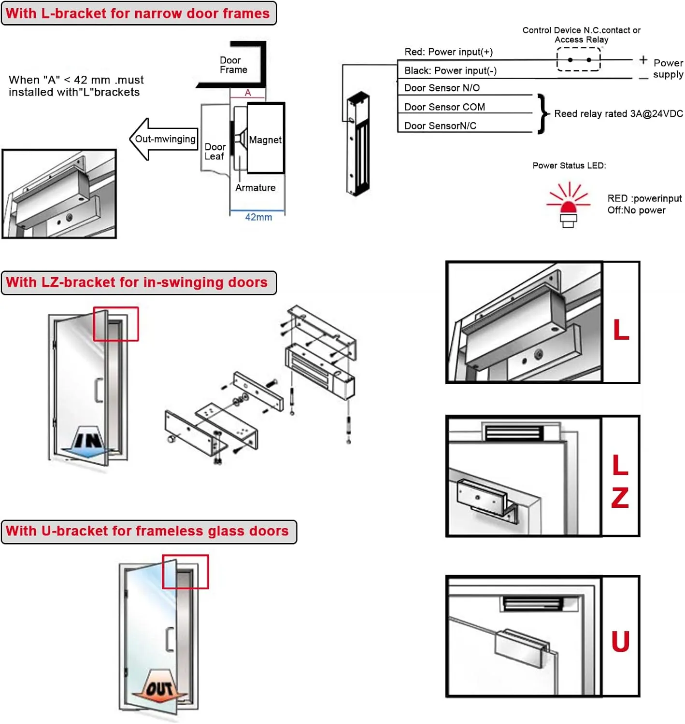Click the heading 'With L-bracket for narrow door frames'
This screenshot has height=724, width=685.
(138, 14)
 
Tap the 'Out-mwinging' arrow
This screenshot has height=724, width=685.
(164, 139)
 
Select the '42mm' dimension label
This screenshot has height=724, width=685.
(258, 217)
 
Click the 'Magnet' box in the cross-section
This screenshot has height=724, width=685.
(266, 139)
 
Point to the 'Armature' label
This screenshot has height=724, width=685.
(255, 188)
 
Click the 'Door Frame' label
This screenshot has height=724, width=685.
(233, 65)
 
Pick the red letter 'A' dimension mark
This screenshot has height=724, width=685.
(248, 93)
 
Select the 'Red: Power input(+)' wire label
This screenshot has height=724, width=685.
(448, 52)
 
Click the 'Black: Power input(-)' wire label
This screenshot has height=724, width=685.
(450, 71)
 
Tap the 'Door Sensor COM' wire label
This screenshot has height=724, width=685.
(444, 107)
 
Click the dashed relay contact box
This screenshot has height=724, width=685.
(579, 60)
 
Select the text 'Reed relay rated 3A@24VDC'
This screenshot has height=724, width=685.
(618, 114)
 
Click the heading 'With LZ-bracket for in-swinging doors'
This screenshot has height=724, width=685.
(137, 282)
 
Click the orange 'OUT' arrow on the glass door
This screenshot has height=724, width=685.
(159, 687)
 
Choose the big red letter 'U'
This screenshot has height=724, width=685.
(621, 641)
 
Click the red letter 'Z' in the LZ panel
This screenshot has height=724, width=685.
(620, 497)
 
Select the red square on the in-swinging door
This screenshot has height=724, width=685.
(116, 324)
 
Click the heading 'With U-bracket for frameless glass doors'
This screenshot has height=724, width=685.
(148, 531)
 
